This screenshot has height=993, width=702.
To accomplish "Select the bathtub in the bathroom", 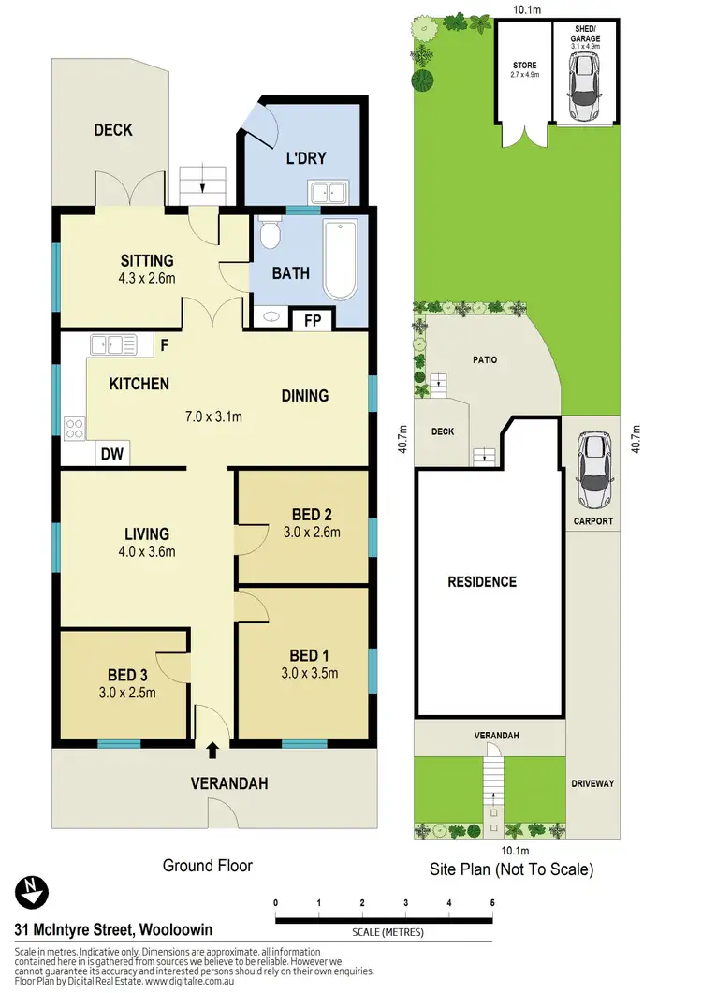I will tap(340, 257).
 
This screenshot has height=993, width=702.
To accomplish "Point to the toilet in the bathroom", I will tap(270, 233).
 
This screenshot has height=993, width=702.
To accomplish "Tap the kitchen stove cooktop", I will tap(74, 429).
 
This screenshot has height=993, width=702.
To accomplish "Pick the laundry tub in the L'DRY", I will tap(328, 194).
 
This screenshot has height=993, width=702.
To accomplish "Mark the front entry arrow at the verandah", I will tap(212, 749).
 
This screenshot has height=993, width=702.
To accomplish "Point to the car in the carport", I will tap(593, 463).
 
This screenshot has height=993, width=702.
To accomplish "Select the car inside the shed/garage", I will tap(585, 86).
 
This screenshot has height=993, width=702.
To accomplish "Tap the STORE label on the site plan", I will tap(523, 66).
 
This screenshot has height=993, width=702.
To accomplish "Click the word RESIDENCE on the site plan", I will tap(481, 582).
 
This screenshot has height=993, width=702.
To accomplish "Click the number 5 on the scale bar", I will tap(491, 902).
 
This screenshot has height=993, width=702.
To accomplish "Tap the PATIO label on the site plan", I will tap(485, 359).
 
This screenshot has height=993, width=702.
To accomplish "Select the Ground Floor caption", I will tap(207, 866).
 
